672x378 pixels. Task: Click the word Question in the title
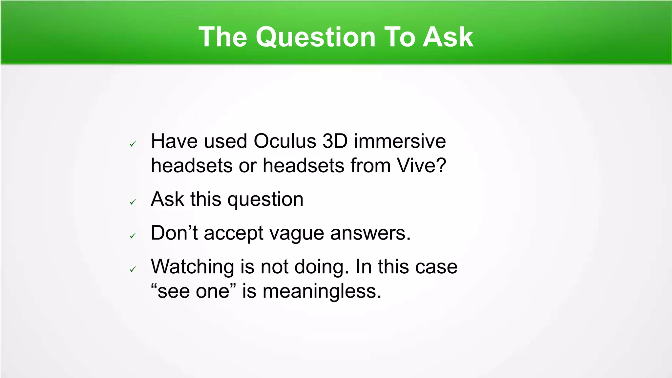(x=315, y=37)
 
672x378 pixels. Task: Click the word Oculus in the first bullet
(x=284, y=141)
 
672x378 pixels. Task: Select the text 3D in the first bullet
(x=335, y=141)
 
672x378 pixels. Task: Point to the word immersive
(x=400, y=141)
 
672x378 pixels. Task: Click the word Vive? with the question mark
(x=422, y=165)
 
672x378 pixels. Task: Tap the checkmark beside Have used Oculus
(x=133, y=144)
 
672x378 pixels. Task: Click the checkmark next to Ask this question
(x=133, y=202)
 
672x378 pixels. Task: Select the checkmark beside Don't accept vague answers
(x=133, y=236)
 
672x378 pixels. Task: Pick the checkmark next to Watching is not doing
(x=133, y=269)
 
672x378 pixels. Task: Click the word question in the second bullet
(x=265, y=199)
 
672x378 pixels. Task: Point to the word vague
(x=296, y=234)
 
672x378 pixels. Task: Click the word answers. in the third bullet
(x=370, y=234)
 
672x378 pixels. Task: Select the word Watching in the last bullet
(x=192, y=267)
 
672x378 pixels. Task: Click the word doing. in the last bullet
(x=322, y=267)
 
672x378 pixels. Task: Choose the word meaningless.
(x=322, y=291)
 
